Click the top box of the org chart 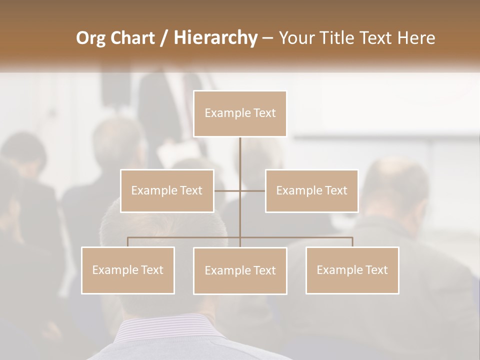coord(240,113)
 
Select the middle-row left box coord(167,190)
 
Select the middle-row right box coord(311,190)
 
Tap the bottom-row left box coord(128,270)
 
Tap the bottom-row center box coord(240,270)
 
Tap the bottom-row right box coord(352,270)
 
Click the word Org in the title coord(91,38)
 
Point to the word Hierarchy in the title coord(215,38)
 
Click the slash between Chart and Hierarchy coord(164,38)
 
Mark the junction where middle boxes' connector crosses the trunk coord(240,190)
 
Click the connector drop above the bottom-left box coord(128,242)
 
